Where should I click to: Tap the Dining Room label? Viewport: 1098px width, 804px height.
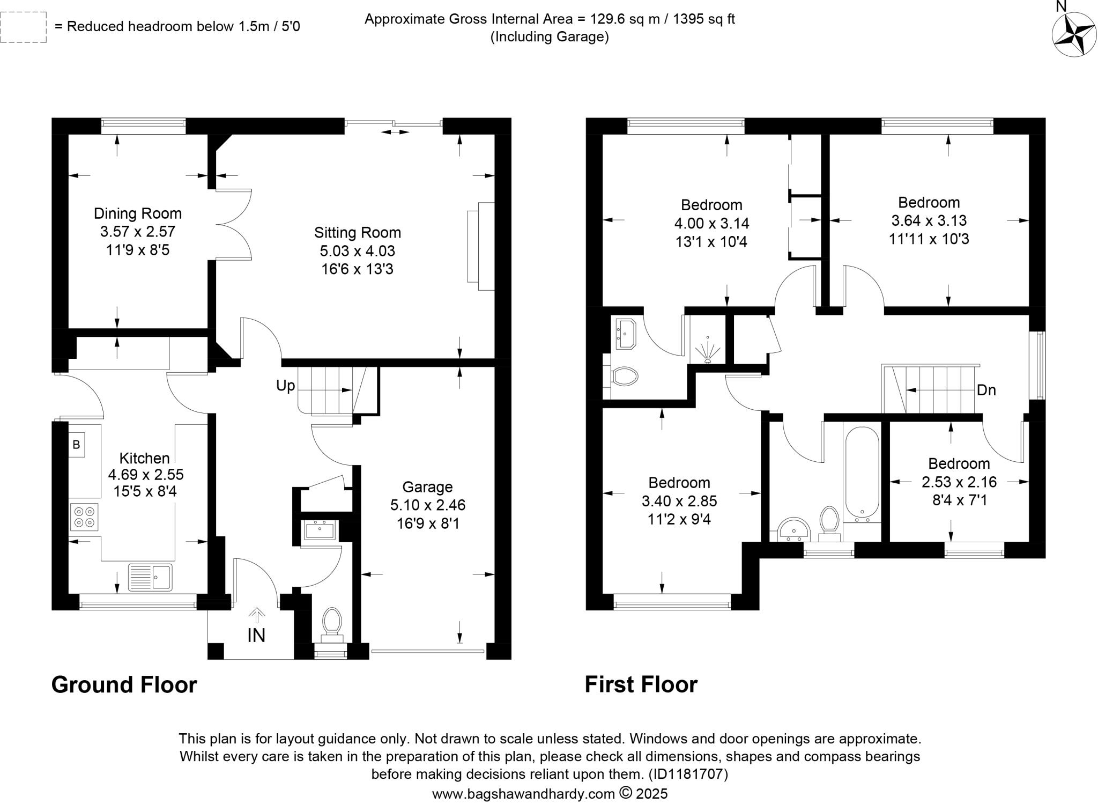tap(138, 213)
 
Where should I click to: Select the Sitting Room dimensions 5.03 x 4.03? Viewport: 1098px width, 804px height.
tap(358, 250)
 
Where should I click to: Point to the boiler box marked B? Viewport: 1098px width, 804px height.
tap(76, 445)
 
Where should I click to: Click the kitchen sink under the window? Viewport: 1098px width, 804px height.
tap(151, 577)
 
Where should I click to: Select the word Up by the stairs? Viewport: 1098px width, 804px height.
tap(285, 386)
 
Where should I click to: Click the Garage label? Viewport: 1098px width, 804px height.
tap(427, 487)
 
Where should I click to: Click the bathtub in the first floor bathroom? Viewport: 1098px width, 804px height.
tap(862, 472)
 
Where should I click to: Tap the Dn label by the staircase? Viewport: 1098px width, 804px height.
tap(986, 390)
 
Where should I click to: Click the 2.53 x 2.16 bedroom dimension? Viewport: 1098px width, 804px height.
tap(959, 482)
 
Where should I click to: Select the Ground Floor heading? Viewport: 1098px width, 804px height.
tap(124, 685)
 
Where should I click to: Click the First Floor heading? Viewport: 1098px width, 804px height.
tap(641, 685)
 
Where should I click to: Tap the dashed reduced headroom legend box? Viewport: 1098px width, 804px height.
tap(24, 27)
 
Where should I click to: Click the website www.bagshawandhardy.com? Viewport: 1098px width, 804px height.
tap(523, 794)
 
